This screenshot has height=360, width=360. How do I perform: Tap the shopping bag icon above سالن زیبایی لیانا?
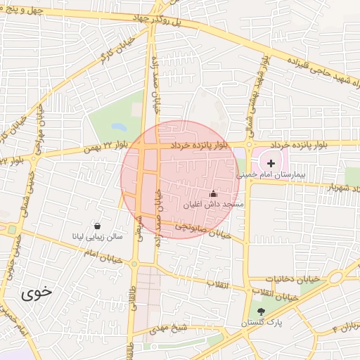point(96,226)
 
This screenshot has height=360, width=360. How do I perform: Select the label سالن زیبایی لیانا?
point(98,237)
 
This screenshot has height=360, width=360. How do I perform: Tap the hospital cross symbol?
point(272,163)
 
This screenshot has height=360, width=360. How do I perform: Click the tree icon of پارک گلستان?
point(262,311)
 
